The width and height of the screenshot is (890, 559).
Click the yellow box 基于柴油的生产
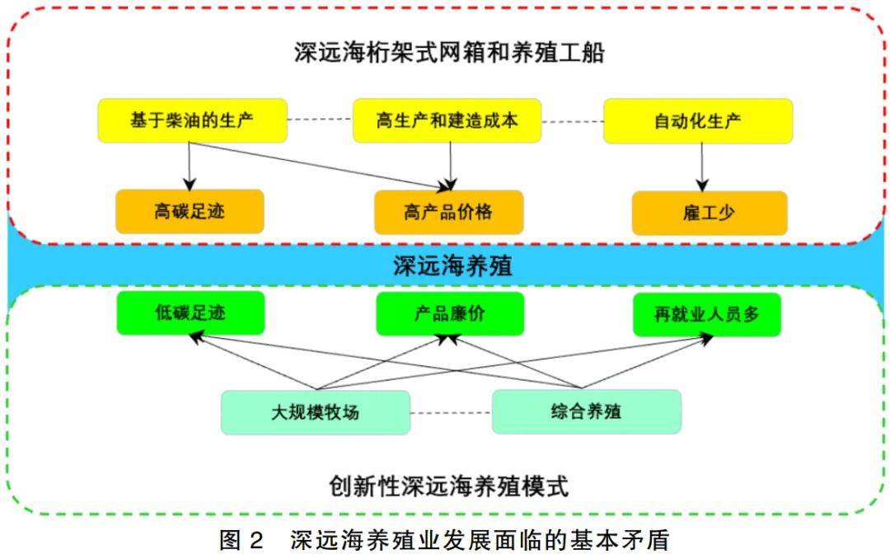192,120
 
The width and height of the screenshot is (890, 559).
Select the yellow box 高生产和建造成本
447,120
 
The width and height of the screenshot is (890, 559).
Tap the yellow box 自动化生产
698,120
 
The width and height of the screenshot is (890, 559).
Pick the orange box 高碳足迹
190,212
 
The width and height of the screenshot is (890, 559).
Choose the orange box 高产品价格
448,212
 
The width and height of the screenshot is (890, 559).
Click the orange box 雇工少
709,213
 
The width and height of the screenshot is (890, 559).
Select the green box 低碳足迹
190,313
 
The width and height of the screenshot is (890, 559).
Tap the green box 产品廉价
449,313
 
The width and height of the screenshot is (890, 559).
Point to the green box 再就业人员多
706,314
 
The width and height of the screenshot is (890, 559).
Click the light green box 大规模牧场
315,412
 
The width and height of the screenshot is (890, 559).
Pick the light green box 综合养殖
586,411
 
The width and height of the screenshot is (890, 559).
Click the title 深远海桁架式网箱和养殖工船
449,54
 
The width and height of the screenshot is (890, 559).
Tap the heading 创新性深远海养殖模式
449,486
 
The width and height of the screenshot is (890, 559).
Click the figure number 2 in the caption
255,541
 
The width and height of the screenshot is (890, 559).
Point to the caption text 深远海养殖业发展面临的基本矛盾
480,541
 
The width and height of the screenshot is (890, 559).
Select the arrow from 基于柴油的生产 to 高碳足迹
190,165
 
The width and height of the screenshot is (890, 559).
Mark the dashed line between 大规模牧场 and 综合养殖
451,411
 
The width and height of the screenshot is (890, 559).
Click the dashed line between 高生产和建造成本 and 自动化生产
573,120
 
